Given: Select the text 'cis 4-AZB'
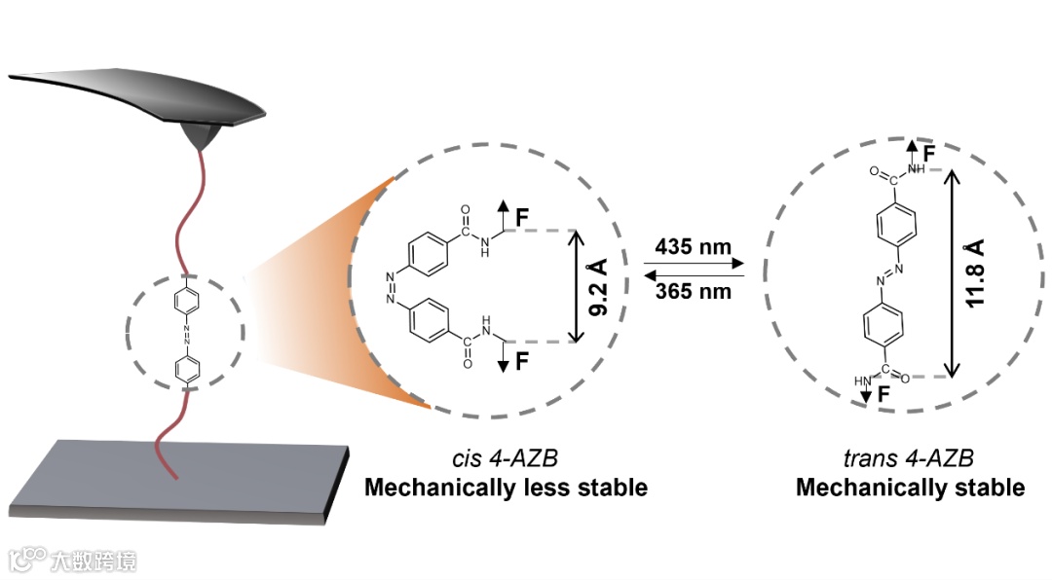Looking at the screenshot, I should click(505, 458).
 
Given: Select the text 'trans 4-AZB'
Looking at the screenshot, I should click(909, 458).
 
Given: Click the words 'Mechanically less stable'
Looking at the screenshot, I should click(506, 487).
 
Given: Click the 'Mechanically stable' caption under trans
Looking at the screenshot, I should click(910, 487).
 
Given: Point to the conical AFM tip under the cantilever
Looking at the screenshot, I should click(201, 136).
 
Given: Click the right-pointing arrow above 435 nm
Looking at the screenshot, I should click(695, 263).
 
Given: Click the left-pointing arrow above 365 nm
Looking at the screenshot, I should click(695, 276).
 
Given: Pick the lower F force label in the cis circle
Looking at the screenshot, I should click(523, 363).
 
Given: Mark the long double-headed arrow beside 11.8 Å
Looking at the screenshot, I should click(953, 273).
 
